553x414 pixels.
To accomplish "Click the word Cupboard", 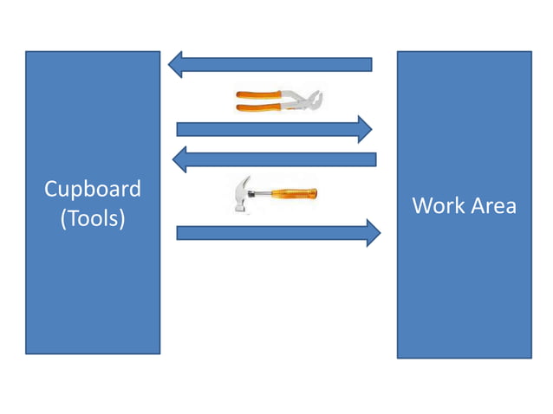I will [x=93, y=189].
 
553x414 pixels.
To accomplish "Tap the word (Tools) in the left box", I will [x=93, y=219].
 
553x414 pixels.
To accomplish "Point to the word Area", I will [x=491, y=206].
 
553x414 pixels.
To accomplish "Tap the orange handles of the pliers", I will [x=260, y=100].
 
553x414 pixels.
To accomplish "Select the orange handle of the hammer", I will [x=295, y=192].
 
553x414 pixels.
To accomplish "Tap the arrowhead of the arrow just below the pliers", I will [x=365, y=129].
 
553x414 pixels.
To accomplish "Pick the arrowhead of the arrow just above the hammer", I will [x=179, y=158].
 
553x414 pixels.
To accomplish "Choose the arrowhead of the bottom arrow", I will [x=374, y=232].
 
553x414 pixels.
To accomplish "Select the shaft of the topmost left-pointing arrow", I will [x=277, y=64].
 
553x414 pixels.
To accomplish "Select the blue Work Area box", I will [x=464, y=286].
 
